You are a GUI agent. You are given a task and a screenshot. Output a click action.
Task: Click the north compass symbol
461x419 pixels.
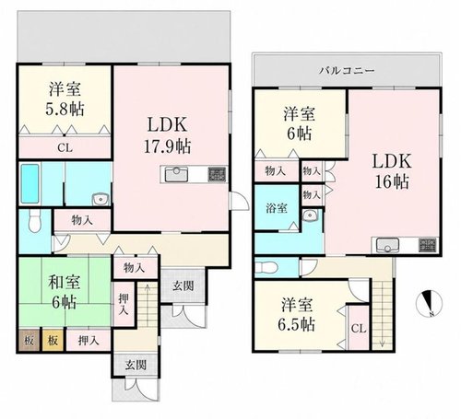(x=429, y=303)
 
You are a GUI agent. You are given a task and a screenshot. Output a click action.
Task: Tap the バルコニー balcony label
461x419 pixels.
(x=347, y=71)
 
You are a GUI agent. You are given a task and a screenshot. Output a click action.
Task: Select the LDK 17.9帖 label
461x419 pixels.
(x=168, y=135)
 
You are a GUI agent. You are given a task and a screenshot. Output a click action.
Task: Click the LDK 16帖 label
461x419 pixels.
(x=392, y=171)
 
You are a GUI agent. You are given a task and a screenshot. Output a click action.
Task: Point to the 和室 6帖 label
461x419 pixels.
(x=64, y=292)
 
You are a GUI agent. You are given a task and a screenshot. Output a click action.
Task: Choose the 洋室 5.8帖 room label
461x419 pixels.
(x=65, y=99)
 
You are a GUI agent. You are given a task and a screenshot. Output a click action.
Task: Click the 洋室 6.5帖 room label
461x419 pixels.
(x=297, y=315)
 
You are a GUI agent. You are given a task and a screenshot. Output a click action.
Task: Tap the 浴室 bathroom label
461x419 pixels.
(x=277, y=208)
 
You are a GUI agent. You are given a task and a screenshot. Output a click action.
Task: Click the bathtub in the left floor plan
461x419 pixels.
(x=30, y=183)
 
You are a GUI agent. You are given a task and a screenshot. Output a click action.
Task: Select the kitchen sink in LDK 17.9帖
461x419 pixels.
(x=176, y=175)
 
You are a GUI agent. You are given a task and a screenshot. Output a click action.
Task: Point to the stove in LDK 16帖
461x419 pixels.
(x=428, y=245)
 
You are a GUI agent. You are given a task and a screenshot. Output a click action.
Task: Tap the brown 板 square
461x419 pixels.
(x=29, y=341)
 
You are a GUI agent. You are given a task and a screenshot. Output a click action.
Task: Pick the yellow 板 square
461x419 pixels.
(x=53, y=341)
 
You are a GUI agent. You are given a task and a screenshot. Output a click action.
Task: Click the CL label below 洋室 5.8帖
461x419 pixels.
(x=65, y=148)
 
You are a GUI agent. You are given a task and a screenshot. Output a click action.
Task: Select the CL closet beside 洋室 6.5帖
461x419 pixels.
(x=359, y=328)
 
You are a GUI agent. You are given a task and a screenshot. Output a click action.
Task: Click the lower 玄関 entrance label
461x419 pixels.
(x=136, y=366)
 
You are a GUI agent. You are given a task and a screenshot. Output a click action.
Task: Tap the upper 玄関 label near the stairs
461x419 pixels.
(x=183, y=285)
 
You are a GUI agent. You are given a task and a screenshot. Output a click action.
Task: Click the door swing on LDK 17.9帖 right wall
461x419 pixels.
(x=240, y=201)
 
